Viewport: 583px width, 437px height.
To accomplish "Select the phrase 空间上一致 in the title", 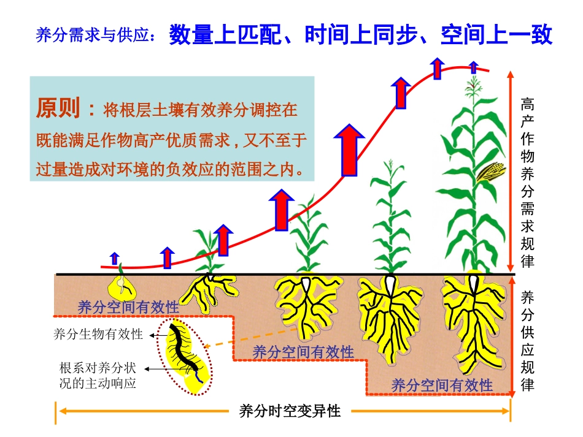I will pyautogui.click(x=496, y=35).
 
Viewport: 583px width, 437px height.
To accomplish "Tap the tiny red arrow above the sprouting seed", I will pyautogui.click(x=114, y=257).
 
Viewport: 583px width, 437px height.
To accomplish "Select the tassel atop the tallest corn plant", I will pyautogui.click(x=473, y=89).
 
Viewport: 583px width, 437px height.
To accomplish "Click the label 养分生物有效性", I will pyautogui.click(x=98, y=335).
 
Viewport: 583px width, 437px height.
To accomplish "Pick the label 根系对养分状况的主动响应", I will pyautogui.click(x=98, y=376).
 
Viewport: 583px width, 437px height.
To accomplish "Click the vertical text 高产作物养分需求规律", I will pyautogui.click(x=527, y=182).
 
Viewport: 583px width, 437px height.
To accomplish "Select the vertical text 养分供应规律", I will pyautogui.click(x=527, y=341).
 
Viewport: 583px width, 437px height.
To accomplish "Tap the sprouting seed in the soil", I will pyautogui.click(x=122, y=284).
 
